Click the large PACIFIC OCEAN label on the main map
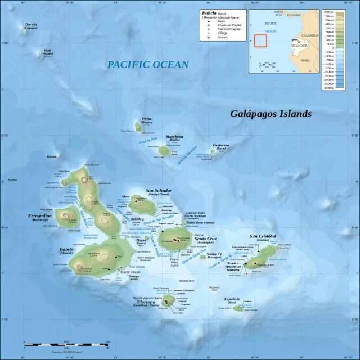pos(148,65)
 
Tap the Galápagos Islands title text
pos(271,114)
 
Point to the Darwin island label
pos(31,24)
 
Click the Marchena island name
pos(174,137)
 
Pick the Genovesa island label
pos(221,145)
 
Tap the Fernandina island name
pos(40,216)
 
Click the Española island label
pos(232,299)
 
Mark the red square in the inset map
pos(260,41)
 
